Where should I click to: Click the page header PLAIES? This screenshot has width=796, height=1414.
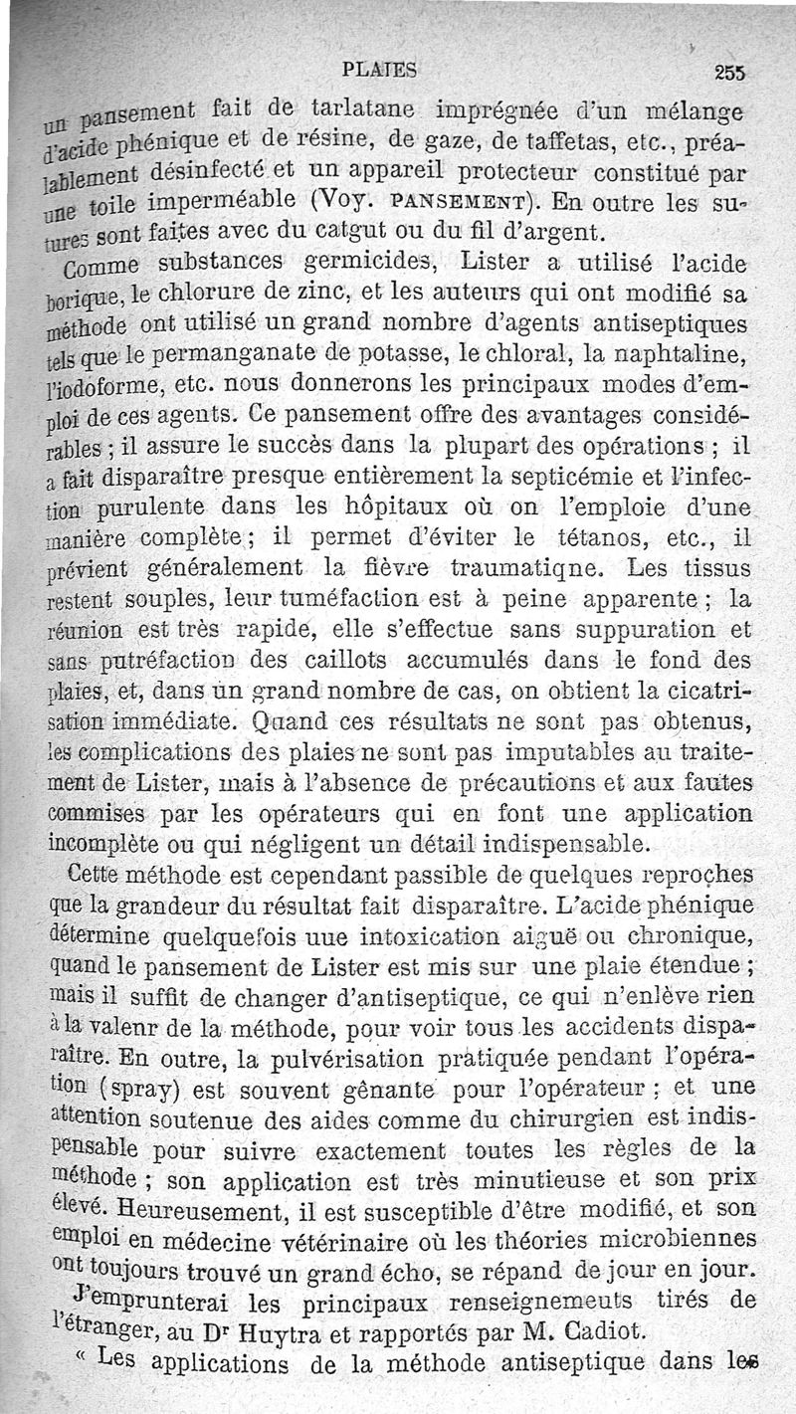coord(378,70)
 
